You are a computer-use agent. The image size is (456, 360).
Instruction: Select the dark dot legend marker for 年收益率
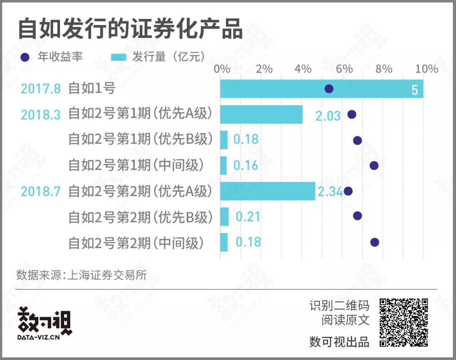pos(25,57)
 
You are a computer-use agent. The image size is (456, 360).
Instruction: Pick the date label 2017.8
pos(41,89)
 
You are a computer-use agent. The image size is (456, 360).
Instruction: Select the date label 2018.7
pos(41,192)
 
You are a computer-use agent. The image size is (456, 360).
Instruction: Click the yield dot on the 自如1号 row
pos(329,89)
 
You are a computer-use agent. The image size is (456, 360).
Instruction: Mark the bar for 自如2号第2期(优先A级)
pos(268,191)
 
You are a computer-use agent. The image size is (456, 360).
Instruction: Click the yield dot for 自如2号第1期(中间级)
pos(374,165)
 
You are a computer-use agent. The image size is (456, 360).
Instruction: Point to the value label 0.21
pos(248,217)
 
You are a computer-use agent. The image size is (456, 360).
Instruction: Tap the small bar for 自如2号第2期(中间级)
pos(224,242)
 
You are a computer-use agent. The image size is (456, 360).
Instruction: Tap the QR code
pos(404,322)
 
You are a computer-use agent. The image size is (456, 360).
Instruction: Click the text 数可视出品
pos(339,341)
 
